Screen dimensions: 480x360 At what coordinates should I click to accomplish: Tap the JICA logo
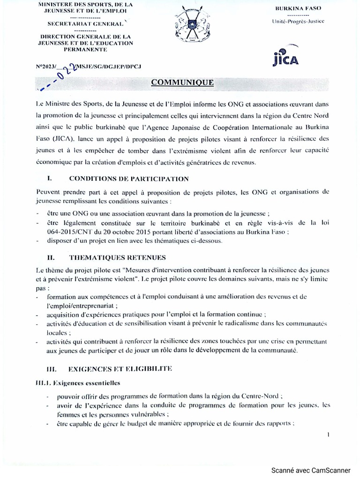pyautogui.click(x=285, y=57)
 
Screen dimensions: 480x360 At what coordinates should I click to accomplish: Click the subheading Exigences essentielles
pyautogui.click(x=80, y=382)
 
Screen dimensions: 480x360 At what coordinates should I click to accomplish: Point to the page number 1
pyautogui.click(x=329, y=435)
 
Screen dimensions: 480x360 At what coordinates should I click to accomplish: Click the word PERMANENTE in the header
pyautogui.click(x=82, y=49)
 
